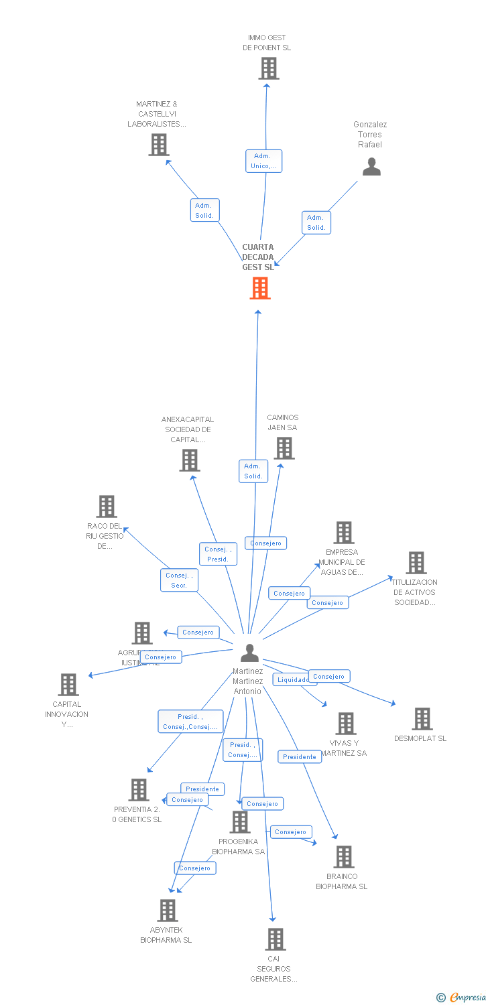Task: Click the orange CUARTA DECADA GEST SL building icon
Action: tap(260, 288)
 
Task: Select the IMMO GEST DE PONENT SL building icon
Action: tap(268, 68)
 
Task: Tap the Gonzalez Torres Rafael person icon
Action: tap(371, 167)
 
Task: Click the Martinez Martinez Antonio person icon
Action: tap(249, 653)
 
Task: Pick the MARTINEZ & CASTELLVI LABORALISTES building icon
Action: tap(159, 145)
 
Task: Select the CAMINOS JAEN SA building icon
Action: tap(284, 448)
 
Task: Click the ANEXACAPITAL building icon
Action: tap(190, 460)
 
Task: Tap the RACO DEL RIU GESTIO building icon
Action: tap(107, 507)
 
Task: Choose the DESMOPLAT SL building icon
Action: tap(422, 719)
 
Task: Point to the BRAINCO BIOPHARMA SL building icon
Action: tap(344, 857)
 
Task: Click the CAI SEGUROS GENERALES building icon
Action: tap(276, 939)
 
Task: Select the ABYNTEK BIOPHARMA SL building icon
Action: tap(168, 911)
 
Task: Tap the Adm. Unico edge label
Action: tap(263, 161)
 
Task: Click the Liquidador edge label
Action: tap(294, 679)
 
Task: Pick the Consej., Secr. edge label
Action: tap(179, 580)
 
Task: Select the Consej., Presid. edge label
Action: tap(218, 554)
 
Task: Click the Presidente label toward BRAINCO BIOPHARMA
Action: tap(300, 756)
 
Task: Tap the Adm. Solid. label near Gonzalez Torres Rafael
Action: tap(316, 222)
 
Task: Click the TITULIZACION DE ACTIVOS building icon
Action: tap(416, 563)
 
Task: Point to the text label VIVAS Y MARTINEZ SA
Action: tap(345, 748)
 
